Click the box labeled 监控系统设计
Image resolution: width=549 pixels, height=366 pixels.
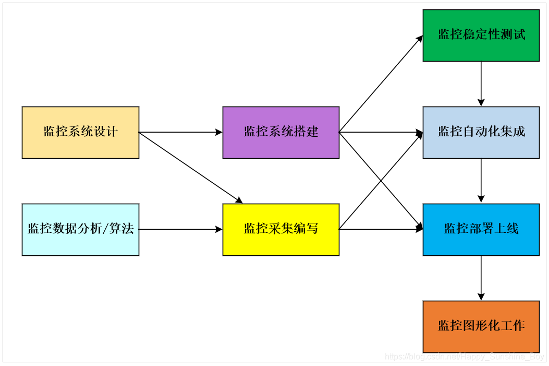point(80,132)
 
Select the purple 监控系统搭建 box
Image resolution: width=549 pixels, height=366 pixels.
point(280,132)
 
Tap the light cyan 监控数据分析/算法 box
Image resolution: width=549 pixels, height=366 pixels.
point(80,229)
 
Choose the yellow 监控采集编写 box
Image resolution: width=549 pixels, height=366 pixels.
point(280,229)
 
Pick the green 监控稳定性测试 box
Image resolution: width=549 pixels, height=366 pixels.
point(481,35)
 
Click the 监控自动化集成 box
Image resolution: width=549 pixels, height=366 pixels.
point(481,132)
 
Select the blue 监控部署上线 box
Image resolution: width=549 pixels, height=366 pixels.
point(481,229)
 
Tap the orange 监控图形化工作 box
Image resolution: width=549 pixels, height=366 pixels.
point(481,326)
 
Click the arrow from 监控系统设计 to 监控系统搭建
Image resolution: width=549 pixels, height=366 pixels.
point(180,132)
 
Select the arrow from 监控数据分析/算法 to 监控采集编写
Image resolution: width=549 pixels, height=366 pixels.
point(180,229)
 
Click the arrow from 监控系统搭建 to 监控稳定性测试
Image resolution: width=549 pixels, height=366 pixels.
point(381,84)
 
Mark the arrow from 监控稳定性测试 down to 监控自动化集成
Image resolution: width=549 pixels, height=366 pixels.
point(481,84)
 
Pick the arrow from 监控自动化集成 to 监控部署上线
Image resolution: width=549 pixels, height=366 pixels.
point(481,181)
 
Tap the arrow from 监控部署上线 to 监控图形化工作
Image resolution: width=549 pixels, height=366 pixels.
point(481,278)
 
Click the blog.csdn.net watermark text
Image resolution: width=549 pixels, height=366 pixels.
point(464,357)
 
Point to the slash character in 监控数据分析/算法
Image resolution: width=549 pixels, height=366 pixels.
point(106,229)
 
